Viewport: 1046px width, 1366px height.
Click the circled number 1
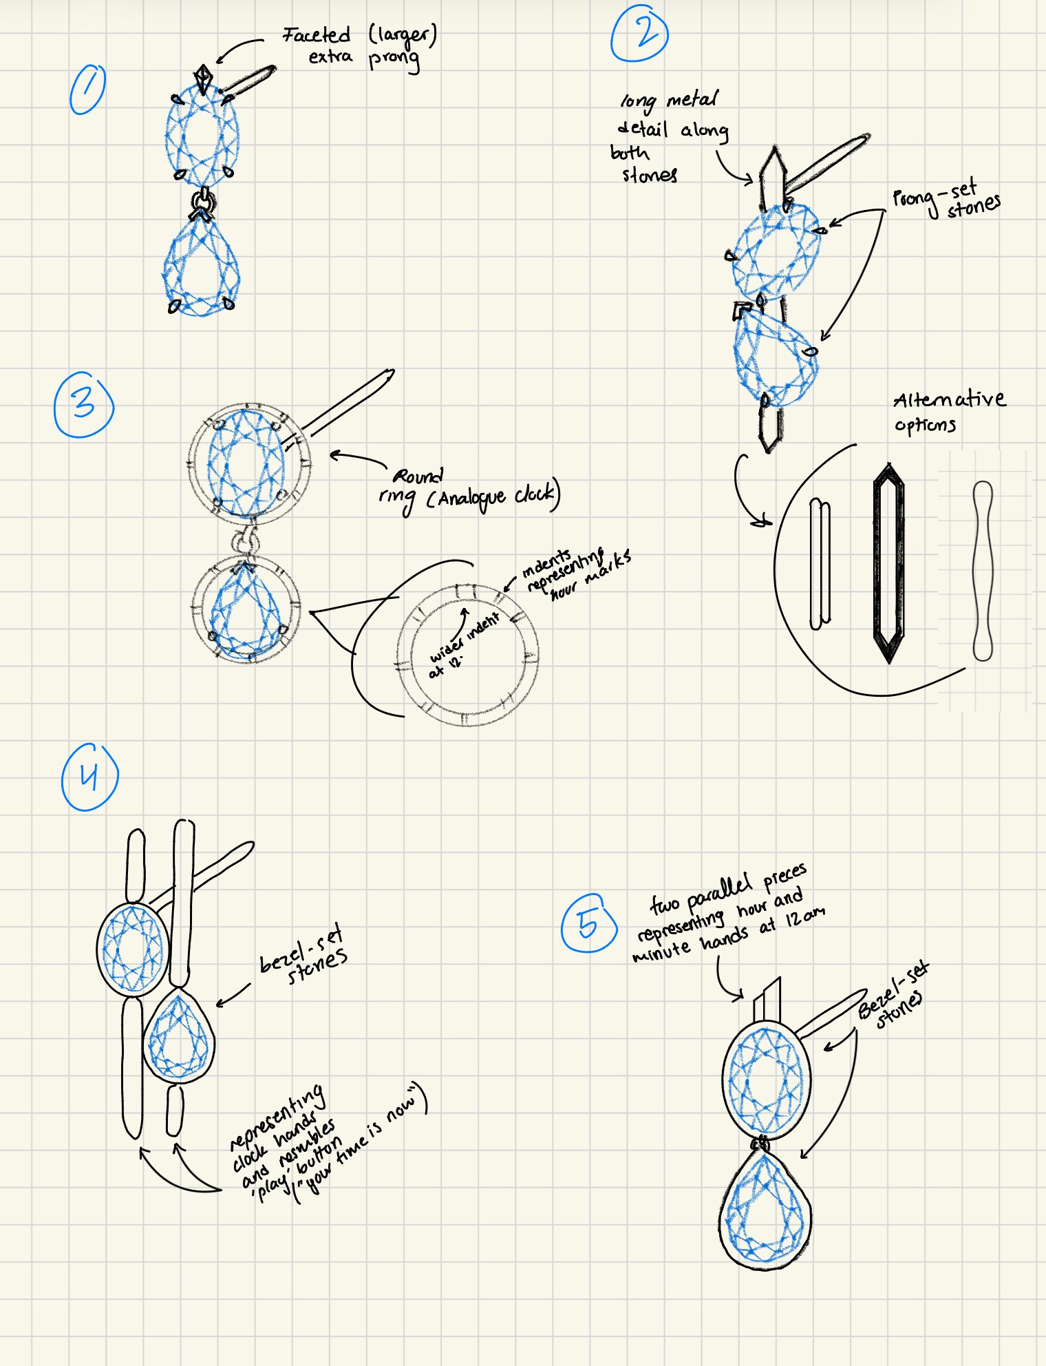tap(87, 90)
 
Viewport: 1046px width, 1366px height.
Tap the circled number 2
tap(640, 34)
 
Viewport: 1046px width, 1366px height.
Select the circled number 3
tap(83, 405)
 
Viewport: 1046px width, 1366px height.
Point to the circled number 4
tap(89, 777)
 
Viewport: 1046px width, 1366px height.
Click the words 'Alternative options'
tap(948, 411)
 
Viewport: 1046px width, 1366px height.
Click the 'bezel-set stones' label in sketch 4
tap(303, 956)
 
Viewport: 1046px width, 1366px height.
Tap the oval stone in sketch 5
tap(766, 1078)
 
